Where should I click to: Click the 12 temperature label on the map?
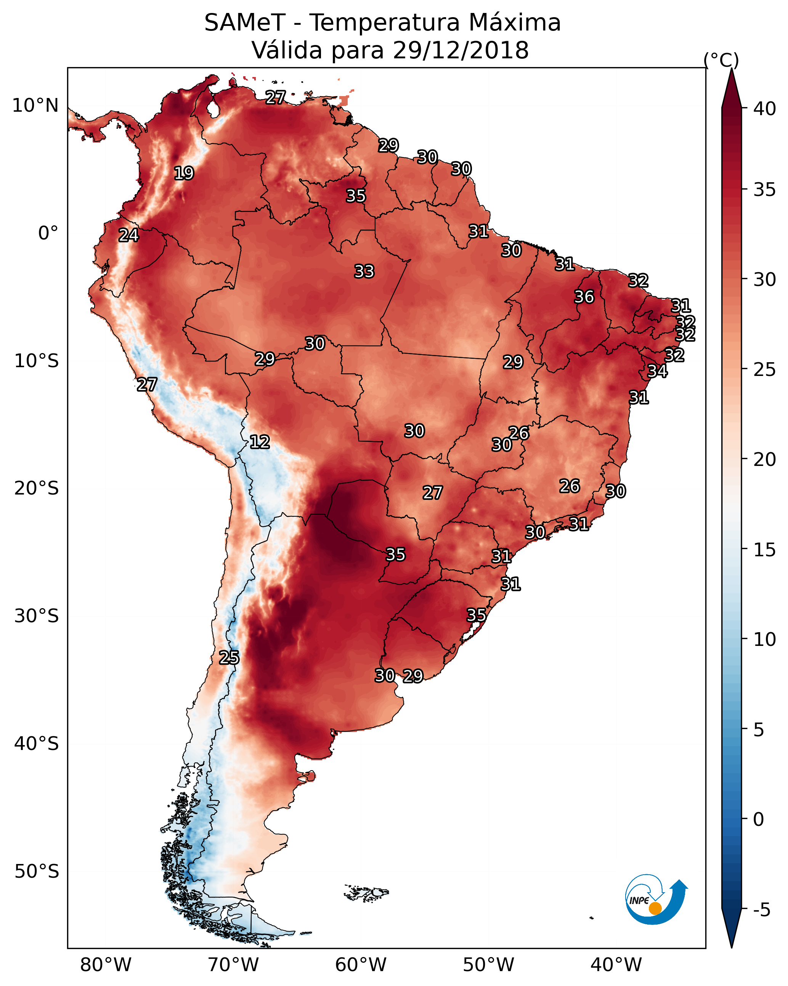[260, 442]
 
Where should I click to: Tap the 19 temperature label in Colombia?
[184, 173]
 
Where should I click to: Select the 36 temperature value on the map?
[584, 297]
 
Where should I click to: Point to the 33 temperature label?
[364, 271]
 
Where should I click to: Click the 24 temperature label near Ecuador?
[128, 235]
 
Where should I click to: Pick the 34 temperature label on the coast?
[657, 371]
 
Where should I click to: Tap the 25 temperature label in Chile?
[229, 658]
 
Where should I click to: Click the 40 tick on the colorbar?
[765, 109]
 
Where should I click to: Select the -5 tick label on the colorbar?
[762, 910]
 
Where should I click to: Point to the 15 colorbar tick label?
[765, 550]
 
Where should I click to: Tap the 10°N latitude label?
[36, 106]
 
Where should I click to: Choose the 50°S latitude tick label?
[37, 872]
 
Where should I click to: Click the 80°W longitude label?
[106, 965]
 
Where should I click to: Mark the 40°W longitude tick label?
[616, 965]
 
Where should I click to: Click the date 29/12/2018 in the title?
[461, 50]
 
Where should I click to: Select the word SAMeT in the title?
[245, 23]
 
